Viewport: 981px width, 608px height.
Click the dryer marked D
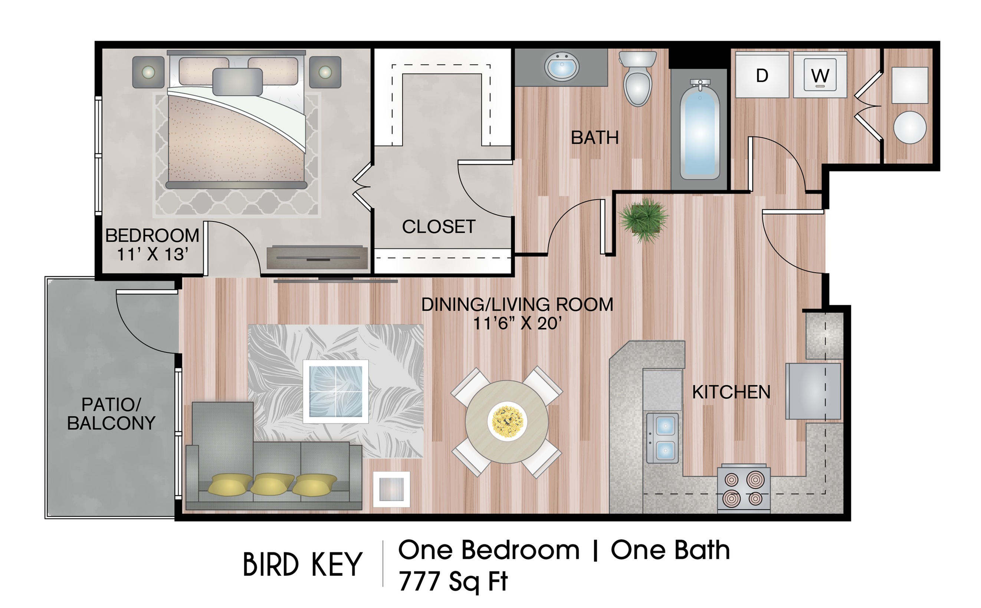point(761,75)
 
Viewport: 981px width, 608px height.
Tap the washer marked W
point(820,75)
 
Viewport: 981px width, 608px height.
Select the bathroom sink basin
point(561,67)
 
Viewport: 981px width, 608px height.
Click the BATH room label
point(594,138)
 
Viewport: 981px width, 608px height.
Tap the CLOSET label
point(439,227)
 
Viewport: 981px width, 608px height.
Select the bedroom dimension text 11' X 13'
point(152,254)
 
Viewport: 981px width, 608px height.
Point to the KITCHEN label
point(731,392)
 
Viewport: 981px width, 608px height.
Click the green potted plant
point(643,220)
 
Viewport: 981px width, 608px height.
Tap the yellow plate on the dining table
point(507,421)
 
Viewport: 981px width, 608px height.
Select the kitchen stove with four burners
point(743,489)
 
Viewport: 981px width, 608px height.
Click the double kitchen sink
point(662,438)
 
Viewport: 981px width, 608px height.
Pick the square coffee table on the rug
point(335,391)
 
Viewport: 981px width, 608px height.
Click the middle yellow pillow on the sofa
point(272,483)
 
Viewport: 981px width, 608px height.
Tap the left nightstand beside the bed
point(148,72)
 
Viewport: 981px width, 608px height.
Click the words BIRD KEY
point(302,565)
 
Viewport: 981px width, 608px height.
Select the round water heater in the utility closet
point(910,128)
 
